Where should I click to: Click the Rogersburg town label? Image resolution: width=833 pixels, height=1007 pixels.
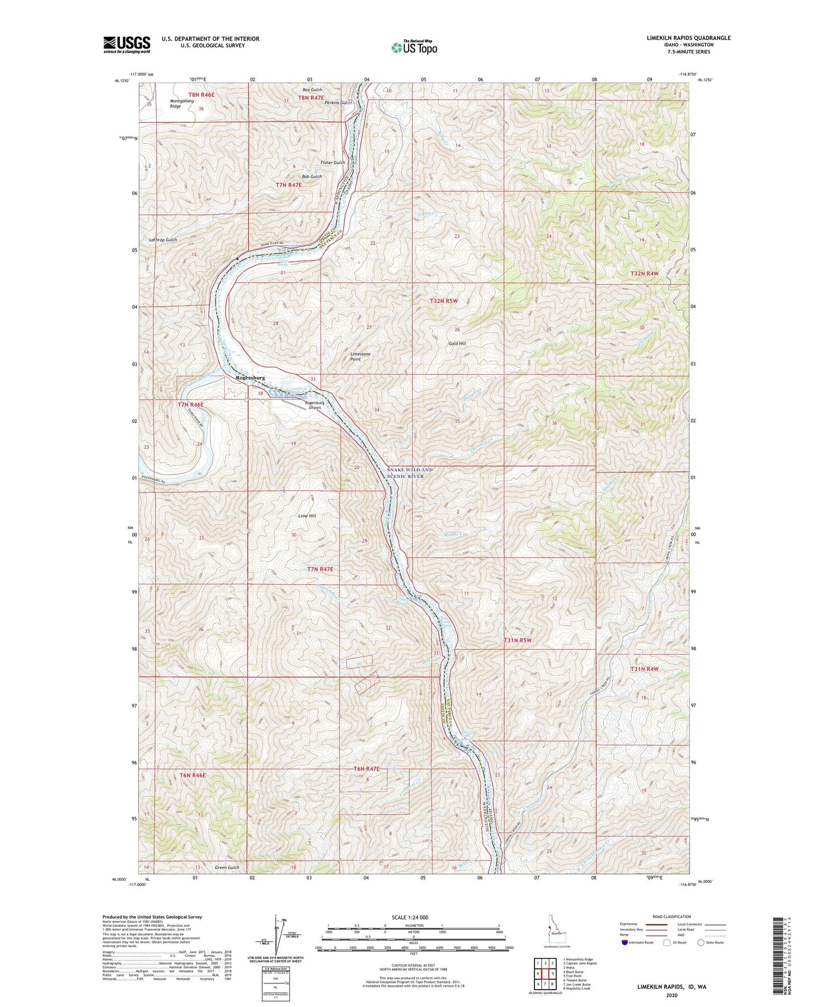coord(250,378)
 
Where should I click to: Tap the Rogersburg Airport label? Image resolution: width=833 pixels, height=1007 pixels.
coord(314,405)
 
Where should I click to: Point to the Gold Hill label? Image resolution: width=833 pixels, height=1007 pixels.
coord(457,343)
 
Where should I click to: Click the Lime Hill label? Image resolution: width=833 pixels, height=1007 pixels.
coord(307,516)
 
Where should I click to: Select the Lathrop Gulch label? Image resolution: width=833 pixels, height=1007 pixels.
coord(163,240)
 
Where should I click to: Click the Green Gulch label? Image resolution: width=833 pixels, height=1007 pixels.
coord(227,867)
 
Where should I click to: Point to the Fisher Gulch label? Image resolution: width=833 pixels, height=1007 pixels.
coord(333,163)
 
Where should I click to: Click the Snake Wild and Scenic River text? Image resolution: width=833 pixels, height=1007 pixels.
coord(410,473)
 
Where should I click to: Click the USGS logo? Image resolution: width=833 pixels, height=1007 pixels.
coord(127,44)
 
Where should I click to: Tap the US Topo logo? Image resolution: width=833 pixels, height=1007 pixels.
coord(414,47)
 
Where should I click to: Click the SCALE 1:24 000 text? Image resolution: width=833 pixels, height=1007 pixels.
coord(410,918)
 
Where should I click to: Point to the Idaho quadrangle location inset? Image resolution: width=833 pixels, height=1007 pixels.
coord(556,934)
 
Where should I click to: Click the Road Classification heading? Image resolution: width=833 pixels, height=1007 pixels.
coord(672,916)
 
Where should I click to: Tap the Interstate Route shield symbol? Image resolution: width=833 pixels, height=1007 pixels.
coord(625,942)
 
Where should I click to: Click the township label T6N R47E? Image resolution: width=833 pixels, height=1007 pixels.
coord(366,769)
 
